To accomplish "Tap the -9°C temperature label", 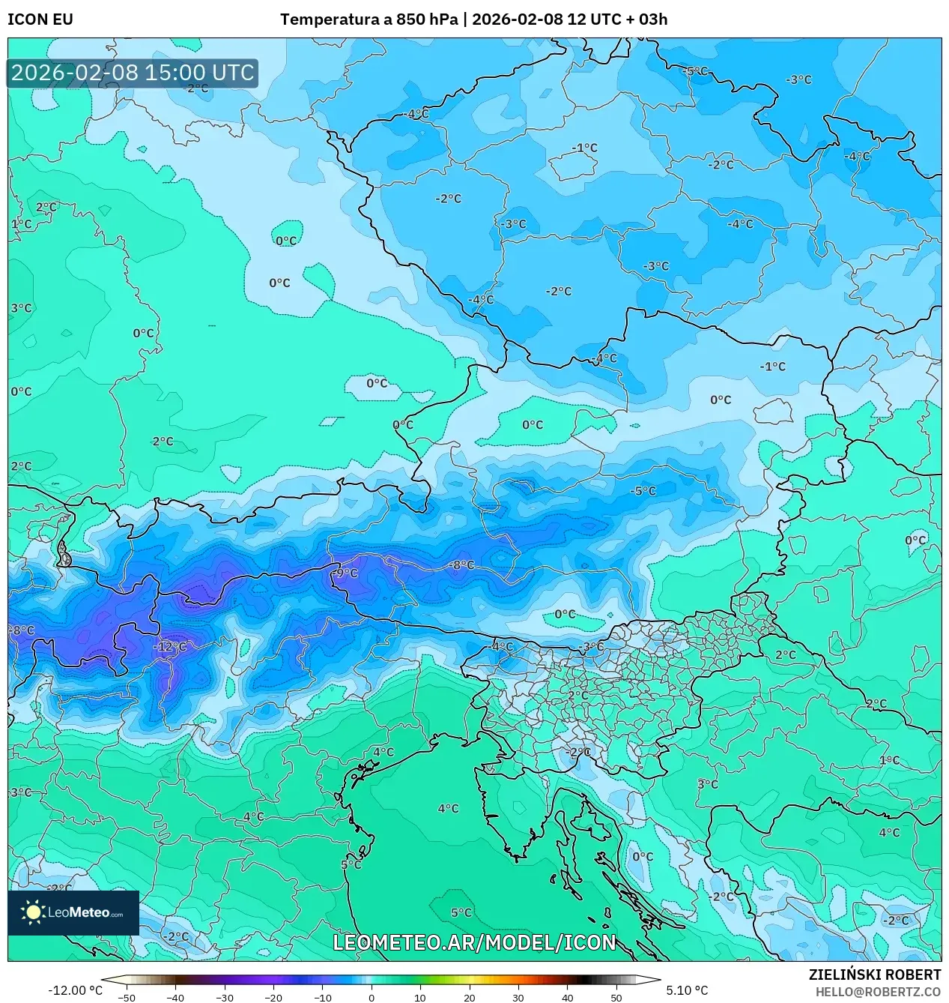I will (346, 573).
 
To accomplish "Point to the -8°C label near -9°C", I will (461, 565).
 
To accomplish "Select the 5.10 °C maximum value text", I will (687, 990).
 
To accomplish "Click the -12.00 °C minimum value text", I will (75, 990).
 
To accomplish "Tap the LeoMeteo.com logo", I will (73, 912).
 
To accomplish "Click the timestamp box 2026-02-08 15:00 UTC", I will (133, 73).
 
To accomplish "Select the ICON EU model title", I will (40, 19).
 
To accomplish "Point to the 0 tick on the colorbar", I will (372, 997).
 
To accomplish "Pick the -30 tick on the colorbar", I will (225, 997).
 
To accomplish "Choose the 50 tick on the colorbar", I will (616, 997).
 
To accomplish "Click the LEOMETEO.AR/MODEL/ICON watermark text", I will (474, 942).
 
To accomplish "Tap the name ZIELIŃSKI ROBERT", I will (874, 975).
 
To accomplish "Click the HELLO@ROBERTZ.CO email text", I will (878, 992).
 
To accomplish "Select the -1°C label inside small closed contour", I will (585, 148).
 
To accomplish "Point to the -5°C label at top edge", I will (695, 70).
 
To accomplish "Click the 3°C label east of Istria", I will (707, 784).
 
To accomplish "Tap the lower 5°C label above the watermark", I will (461, 912).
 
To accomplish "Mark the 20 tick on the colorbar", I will (470, 997).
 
